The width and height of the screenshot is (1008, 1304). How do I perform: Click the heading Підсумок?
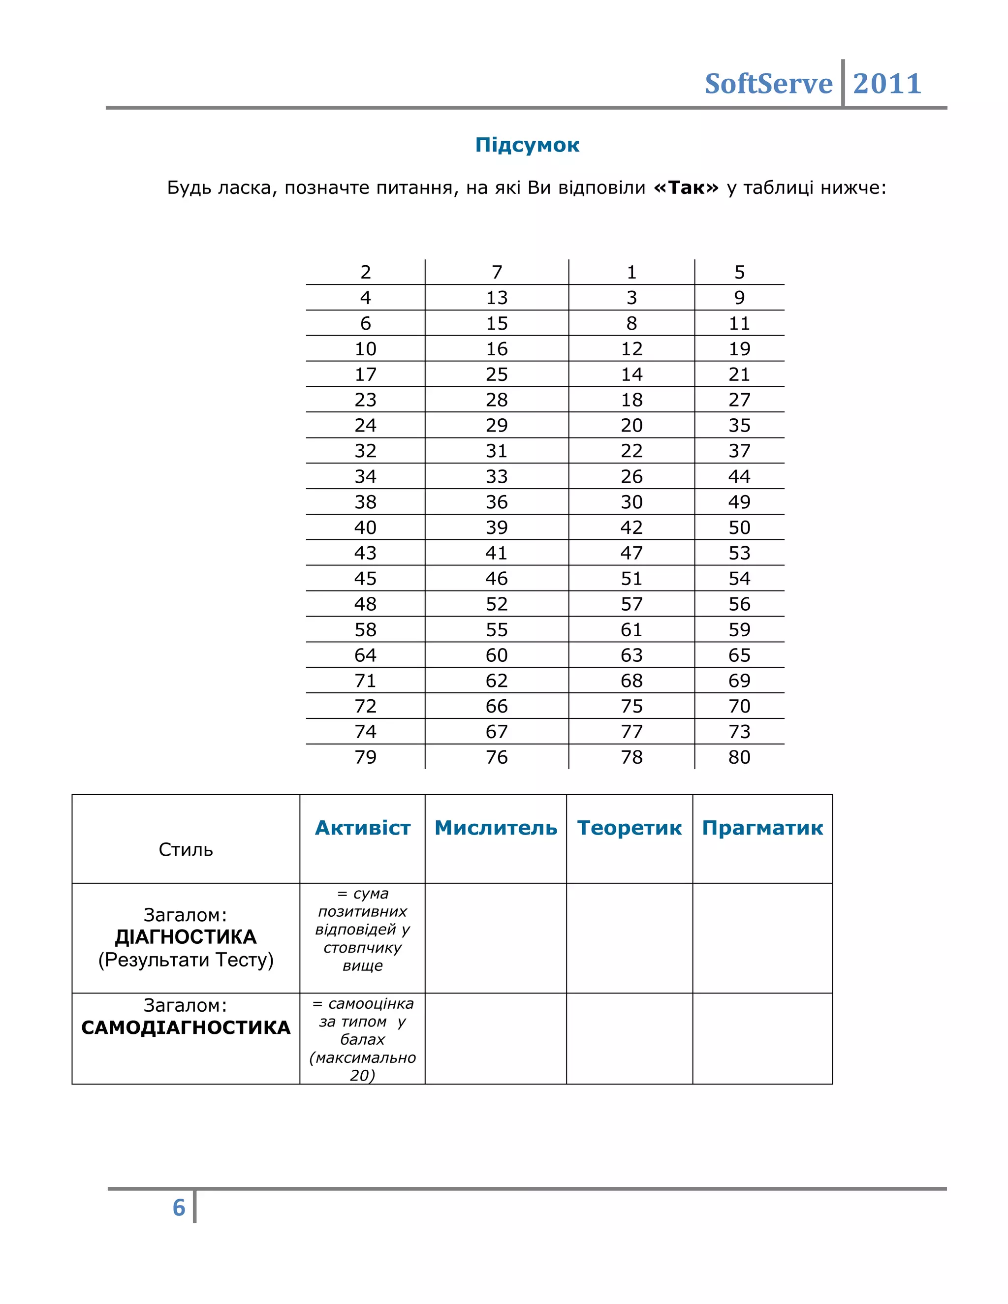pyautogui.click(x=527, y=145)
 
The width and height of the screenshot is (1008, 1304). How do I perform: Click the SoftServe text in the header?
pyautogui.click(x=768, y=84)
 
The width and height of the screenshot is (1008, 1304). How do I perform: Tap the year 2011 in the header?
pyautogui.click(x=887, y=84)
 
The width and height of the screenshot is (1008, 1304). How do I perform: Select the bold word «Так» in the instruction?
pyautogui.click(x=686, y=188)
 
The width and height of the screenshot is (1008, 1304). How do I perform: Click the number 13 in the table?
pyautogui.click(x=496, y=297)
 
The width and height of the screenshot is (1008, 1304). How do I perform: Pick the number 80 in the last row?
pyautogui.click(x=739, y=757)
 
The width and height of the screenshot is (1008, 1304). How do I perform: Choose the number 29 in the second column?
pyautogui.click(x=496, y=425)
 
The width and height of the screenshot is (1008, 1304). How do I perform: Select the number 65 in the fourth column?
pyautogui.click(x=739, y=655)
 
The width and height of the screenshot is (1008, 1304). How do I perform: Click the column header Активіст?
pyautogui.click(x=362, y=828)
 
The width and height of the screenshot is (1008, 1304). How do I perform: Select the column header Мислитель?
pyautogui.click(x=496, y=828)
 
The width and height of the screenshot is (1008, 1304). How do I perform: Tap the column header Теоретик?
pyautogui.click(x=630, y=828)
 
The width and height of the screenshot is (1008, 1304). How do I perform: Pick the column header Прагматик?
pyautogui.click(x=762, y=828)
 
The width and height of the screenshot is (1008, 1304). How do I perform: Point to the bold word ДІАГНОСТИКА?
pyautogui.click(x=186, y=937)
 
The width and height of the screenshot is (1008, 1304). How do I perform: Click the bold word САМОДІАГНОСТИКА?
pyautogui.click(x=186, y=1027)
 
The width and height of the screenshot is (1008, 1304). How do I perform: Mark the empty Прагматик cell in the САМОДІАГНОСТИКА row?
pyautogui.click(x=762, y=1038)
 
